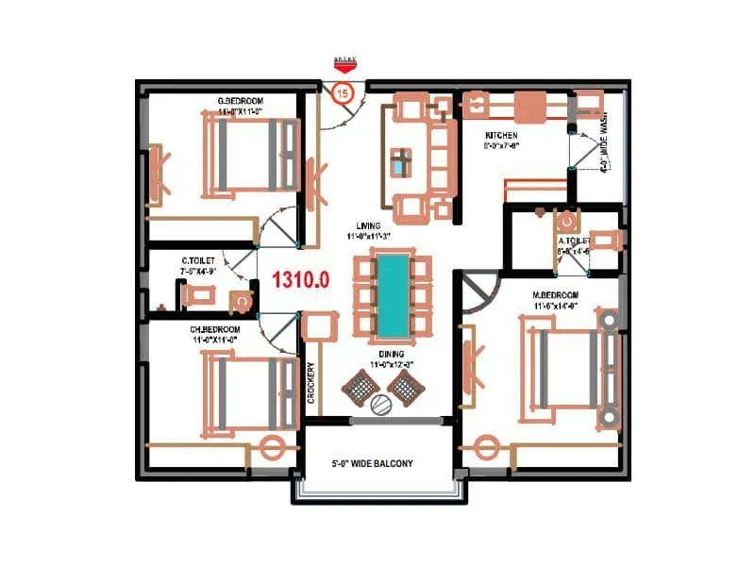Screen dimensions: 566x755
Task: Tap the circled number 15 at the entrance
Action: click(x=343, y=92)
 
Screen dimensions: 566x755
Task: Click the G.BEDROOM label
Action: click(x=240, y=101)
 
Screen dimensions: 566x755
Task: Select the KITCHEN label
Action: click(x=501, y=136)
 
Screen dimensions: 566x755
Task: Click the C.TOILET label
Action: click(x=199, y=259)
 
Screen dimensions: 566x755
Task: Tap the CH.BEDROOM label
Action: click(x=215, y=329)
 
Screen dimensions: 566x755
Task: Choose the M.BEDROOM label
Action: click(x=556, y=295)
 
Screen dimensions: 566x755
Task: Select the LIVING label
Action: click(x=368, y=225)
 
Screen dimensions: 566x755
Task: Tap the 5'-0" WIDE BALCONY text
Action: click(x=372, y=464)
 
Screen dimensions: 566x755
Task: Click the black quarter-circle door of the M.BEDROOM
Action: click(x=480, y=291)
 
